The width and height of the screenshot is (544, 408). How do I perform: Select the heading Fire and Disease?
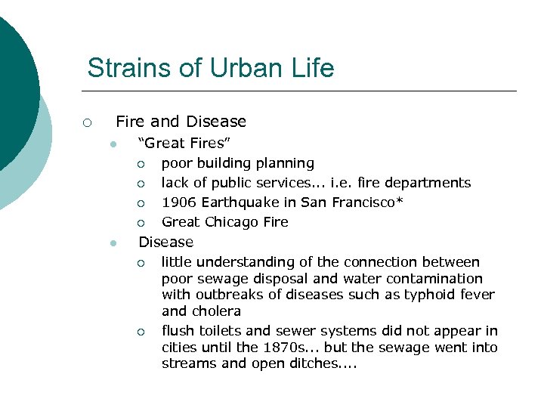click(x=181, y=122)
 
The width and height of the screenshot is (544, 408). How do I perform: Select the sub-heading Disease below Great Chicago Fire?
click(x=165, y=242)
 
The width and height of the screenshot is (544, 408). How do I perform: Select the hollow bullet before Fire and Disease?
click(x=88, y=122)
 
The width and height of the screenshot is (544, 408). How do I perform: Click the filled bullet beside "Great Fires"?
click(x=113, y=144)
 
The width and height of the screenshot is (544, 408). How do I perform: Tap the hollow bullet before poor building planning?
click(x=141, y=164)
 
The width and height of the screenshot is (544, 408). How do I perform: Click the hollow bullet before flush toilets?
click(x=141, y=332)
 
